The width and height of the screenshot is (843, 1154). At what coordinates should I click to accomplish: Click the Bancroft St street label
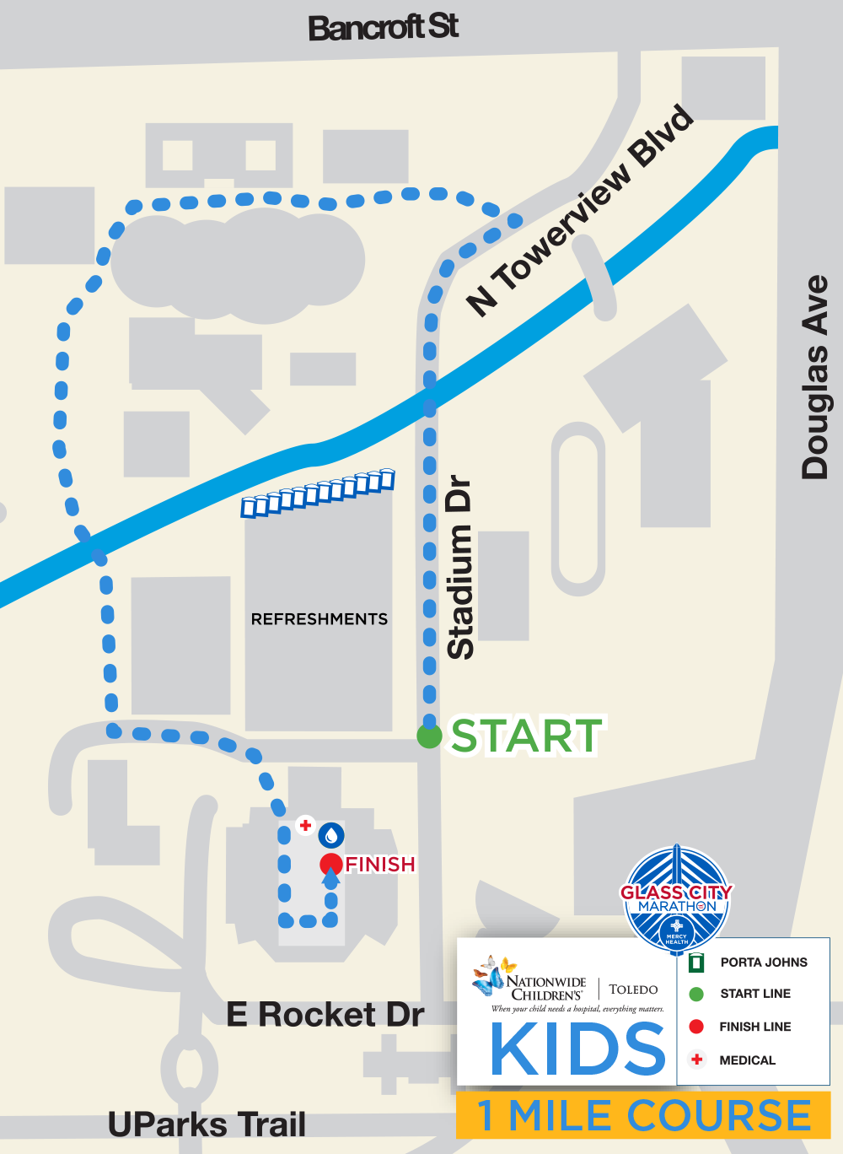click(x=383, y=28)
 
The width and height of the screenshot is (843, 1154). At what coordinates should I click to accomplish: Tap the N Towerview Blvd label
click(x=581, y=211)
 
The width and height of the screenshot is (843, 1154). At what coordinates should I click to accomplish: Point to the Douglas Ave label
click(x=815, y=377)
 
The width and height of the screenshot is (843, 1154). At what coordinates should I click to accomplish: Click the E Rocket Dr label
click(x=325, y=1014)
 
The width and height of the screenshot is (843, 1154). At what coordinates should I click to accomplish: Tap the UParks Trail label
click(x=207, y=1124)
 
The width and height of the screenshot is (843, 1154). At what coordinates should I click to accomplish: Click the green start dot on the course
click(x=429, y=736)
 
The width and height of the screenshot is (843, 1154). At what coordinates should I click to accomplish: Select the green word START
click(x=527, y=736)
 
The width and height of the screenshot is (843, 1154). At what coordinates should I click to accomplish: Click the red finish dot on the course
click(x=330, y=864)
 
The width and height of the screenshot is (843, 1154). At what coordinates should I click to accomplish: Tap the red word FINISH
click(x=380, y=865)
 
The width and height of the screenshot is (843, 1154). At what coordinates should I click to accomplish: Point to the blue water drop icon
click(x=331, y=835)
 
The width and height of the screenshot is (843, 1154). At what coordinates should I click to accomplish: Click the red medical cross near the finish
click(x=305, y=825)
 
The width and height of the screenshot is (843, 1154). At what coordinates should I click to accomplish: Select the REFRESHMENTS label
click(x=319, y=619)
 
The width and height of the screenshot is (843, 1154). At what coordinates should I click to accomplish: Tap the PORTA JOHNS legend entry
click(x=763, y=962)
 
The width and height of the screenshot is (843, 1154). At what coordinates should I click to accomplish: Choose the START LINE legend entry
click(x=754, y=994)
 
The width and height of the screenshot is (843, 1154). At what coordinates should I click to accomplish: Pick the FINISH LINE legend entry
click(x=754, y=1027)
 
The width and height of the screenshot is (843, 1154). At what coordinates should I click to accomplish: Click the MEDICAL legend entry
click(x=747, y=1060)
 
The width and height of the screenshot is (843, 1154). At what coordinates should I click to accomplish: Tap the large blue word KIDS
click(x=578, y=1049)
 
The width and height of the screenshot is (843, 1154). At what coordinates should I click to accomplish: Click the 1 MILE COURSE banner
click(x=644, y=1115)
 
